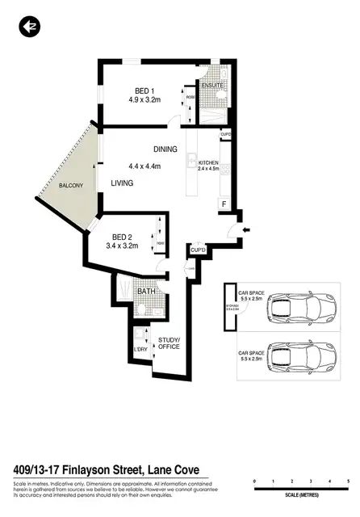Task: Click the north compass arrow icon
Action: click(30, 27)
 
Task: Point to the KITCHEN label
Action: click(208, 163)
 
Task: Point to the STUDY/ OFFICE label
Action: click(169, 343)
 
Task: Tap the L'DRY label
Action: click(140, 349)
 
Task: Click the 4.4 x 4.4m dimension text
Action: click(145, 166)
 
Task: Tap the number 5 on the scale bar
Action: click(348, 481)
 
